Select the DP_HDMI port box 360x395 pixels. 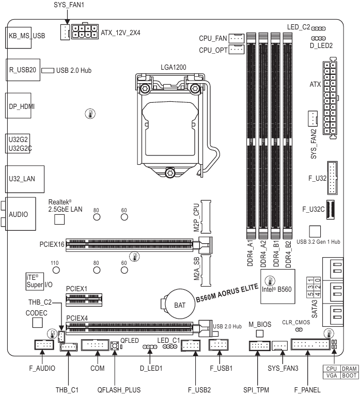tap(22, 106)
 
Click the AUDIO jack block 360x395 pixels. tap(21, 214)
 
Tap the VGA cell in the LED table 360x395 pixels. tap(333, 377)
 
